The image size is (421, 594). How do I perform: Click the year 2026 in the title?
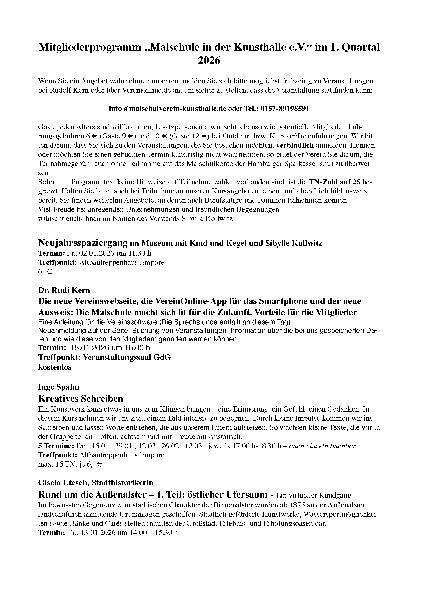pyautogui.click(x=209, y=61)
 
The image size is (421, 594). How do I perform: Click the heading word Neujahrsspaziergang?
pyautogui.click(x=83, y=243)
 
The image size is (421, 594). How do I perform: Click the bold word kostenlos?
pyautogui.click(x=55, y=367)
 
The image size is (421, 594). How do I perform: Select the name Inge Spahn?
pyautogui.click(x=59, y=387)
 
